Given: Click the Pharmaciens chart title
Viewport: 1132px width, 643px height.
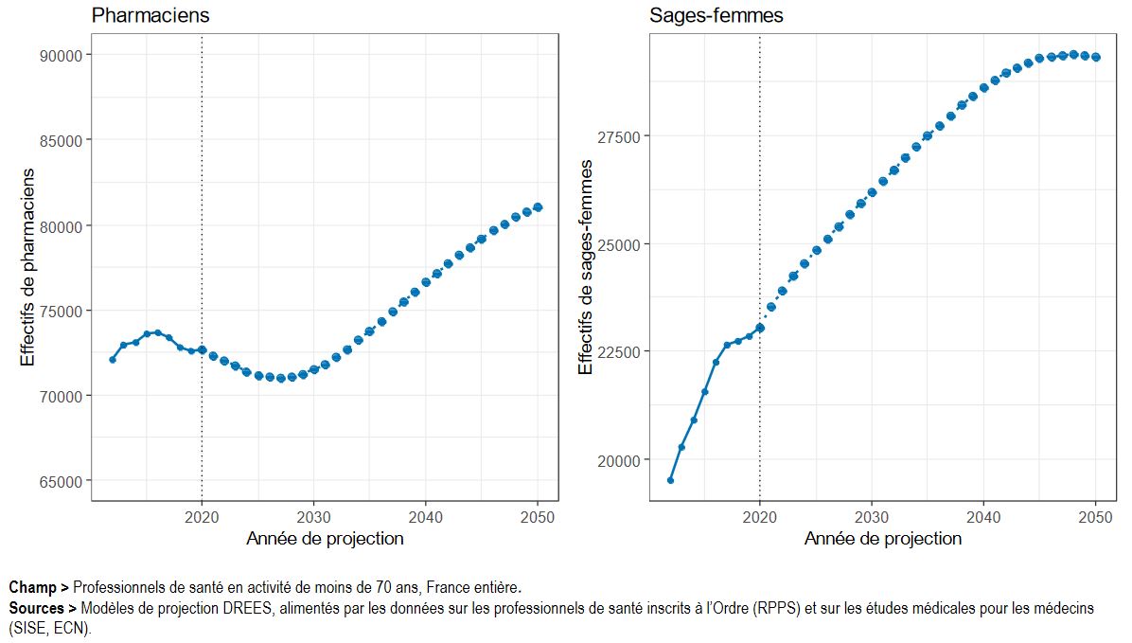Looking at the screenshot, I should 150,16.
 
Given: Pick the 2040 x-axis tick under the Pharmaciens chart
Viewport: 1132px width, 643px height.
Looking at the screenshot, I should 426,518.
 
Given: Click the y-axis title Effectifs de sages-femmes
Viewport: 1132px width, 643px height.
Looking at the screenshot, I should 586,267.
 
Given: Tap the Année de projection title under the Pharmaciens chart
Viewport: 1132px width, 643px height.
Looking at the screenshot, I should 325,539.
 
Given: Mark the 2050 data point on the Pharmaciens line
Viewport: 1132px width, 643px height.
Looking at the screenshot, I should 538,207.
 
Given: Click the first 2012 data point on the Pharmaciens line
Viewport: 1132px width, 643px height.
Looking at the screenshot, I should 113,359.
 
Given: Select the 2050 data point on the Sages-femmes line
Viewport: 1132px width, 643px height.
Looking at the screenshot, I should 1096,57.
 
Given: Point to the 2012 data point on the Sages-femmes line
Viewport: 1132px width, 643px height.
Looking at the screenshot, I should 670,480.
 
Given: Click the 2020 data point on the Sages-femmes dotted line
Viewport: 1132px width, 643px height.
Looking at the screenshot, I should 760,328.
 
